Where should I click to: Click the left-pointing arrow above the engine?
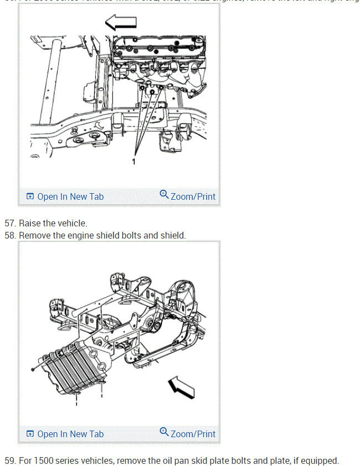(x=121, y=23)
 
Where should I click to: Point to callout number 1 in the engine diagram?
(x=133, y=162)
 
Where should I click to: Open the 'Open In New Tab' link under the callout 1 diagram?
(x=65, y=196)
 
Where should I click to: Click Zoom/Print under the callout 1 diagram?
(x=188, y=196)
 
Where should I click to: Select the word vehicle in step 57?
(x=72, y=224)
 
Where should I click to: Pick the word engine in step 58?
(x=79, y=236)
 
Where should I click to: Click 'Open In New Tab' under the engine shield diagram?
(x=65, y=434)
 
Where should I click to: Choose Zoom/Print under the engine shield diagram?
(x=188, y=433)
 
